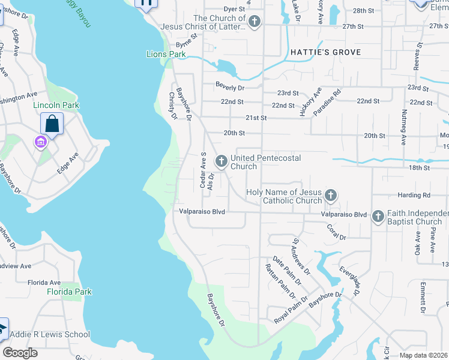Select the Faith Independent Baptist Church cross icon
(x=378, y=216)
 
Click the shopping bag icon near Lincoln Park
(x=52, y=124)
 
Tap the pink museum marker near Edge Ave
(x=40, y=142)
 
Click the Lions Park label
(x=166, y=54)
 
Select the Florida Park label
(x=70, y=292)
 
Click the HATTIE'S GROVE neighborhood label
(x=326, y=52)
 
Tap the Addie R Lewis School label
(x=52, y=334)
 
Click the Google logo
(x=20, y=352)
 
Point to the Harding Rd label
(x=414, y=196)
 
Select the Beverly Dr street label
(x=231, y=88)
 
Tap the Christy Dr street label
(x=172, y=106)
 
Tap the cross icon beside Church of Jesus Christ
(x=255, y=22)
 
